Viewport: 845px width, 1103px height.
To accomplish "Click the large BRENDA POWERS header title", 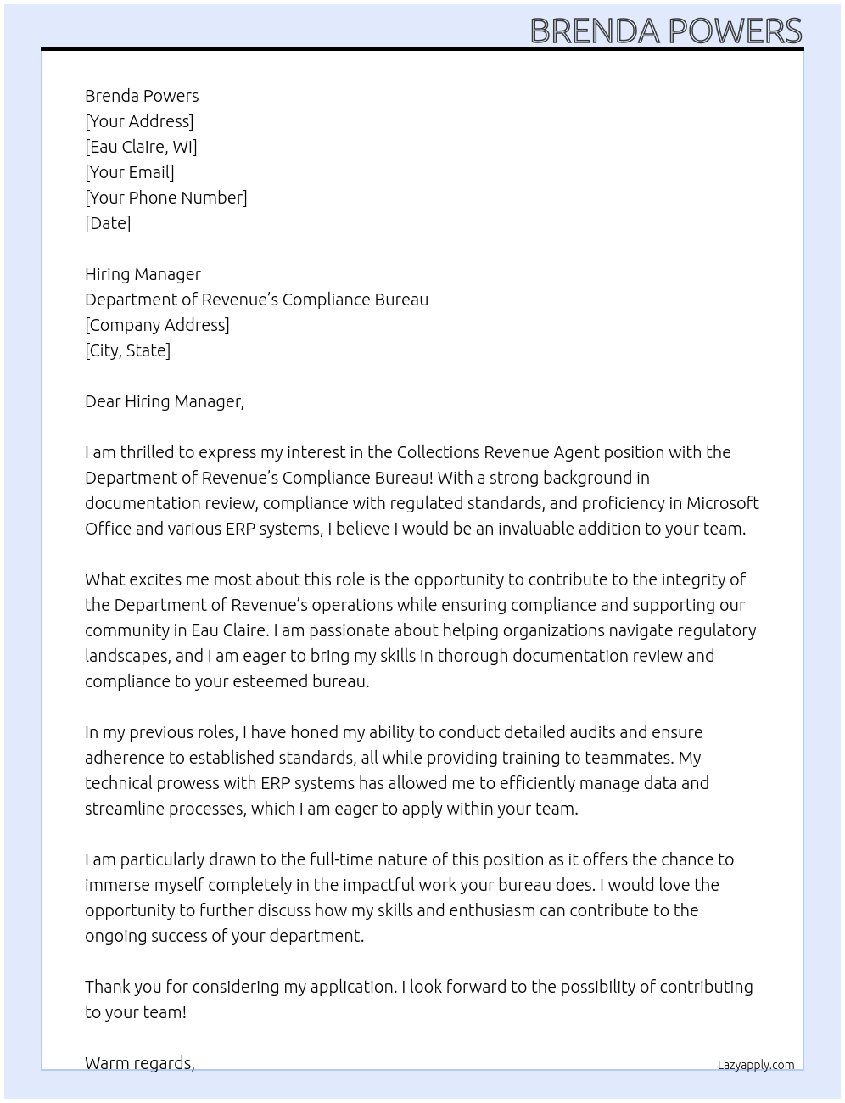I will pyautogui.click(x=666, y=31).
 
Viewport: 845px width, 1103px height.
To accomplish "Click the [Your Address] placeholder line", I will pyautogui.click(x=139, y=121).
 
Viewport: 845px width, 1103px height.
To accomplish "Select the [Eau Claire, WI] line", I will pyautogui.click(x=141, y=147).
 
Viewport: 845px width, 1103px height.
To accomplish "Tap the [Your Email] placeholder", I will pyautogui.click(x=130, y=172).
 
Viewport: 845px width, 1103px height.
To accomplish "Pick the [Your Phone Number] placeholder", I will pyautogui.click(x=166, y=198).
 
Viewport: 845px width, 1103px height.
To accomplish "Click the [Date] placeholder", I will pyautogui.click(x=108, y=223).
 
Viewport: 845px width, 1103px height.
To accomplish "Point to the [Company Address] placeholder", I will pyautogui.click(x=157, y=325).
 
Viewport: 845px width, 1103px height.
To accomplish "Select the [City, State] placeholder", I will pyautogui.click(x=127, y=350).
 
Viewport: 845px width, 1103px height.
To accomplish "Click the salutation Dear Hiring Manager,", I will pyautogui.click(x=165, y=401).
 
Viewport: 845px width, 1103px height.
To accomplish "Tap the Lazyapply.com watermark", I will pyautogui.click(x=756, y=1065).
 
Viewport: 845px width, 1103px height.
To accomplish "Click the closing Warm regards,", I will pyautogui.click(x=140, y=1063).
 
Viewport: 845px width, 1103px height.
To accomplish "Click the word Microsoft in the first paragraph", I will pyautogui.click(x=723, y=503).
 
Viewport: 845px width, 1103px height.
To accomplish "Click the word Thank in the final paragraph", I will pyautogui.click(x=108, y=987).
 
